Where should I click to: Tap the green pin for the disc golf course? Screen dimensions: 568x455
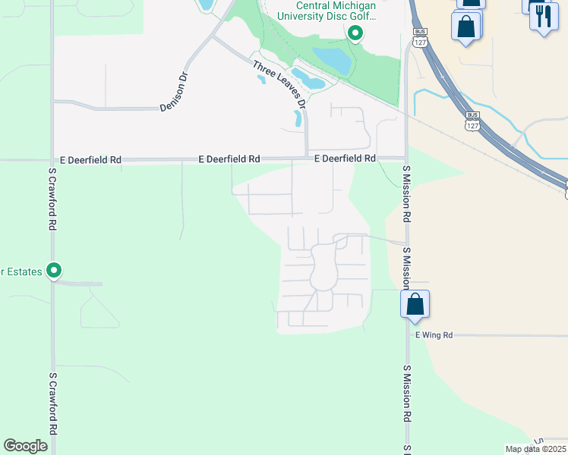(355, 33)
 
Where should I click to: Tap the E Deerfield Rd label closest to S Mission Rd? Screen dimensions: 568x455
(346, 158)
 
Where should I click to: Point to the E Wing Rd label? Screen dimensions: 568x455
(434, 334)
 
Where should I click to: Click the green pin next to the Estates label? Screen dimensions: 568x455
(54, 270)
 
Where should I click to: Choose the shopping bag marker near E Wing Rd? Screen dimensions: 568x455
(415, 305)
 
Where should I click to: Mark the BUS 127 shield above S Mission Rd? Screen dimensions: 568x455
(419, 39)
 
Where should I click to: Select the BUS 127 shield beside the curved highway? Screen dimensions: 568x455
(472, 121)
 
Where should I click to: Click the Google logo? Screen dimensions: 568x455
(26, 445)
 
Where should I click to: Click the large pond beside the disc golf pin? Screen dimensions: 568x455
(332, 58)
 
